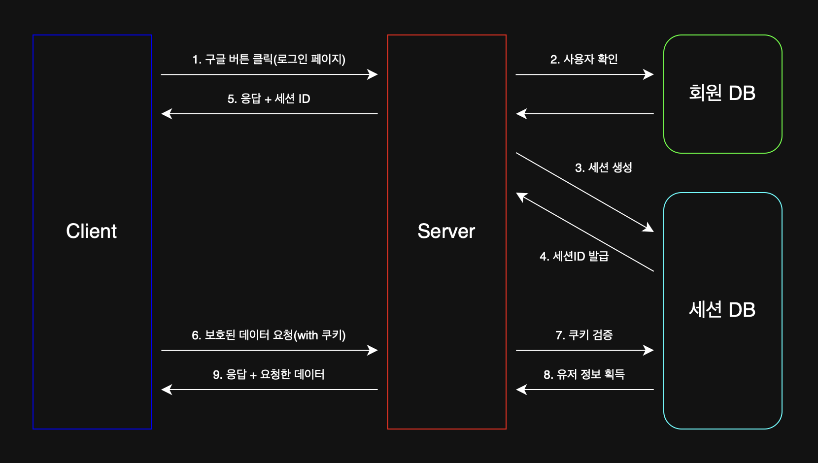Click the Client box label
click(92, 231)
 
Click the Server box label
click(446, 231)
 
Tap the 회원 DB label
click(722, 93)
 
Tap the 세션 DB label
click(722, 310)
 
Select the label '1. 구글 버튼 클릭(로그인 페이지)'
click(269, 59)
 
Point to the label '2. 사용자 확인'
click(584, 59)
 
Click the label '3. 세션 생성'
click(604, 167)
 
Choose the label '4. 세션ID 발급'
click(574, 256)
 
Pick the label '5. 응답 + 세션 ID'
click(269, 99)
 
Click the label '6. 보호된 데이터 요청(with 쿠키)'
click(269, 335)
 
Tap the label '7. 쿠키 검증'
click(584, 335)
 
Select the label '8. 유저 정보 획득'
click(584, 374)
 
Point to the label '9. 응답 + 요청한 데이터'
click(269, 374)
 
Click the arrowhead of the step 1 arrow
click(373, 74)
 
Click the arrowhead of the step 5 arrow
click(167, 114)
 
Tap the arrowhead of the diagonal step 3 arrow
click(648, 229)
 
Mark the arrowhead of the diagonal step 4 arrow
click(521, 196)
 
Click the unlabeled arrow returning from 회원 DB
click(585, 114)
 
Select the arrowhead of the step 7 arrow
click(649, 350)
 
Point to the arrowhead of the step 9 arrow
click(167, 390)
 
